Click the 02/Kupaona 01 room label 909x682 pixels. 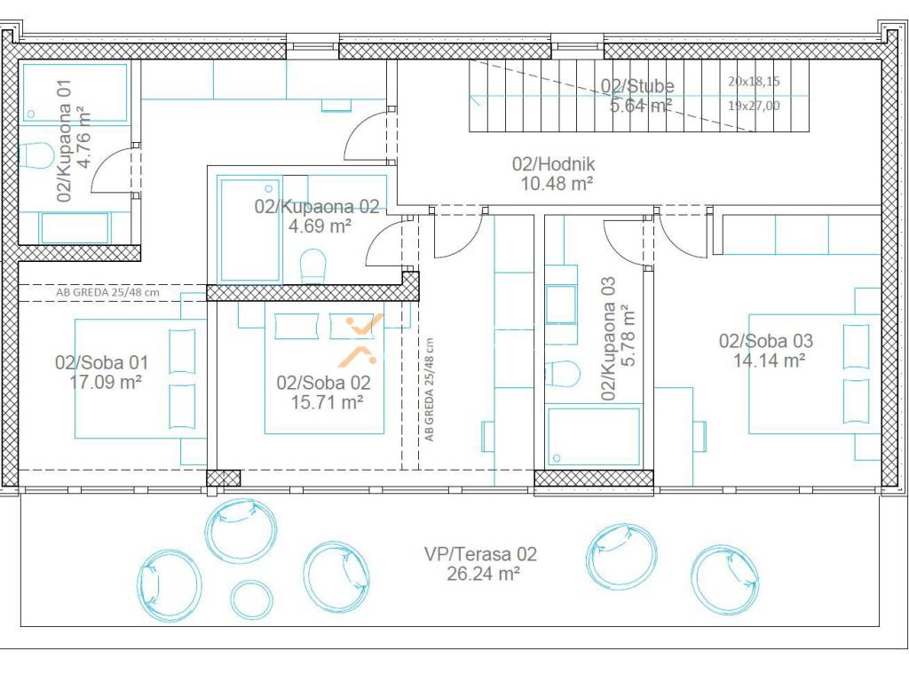[x=64, y=140]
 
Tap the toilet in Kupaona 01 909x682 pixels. [x=36, y=155]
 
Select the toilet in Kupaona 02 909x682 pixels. [x=313, y=266]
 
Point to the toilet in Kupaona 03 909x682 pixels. [x=562, y=374]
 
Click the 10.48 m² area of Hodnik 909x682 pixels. [x=557, y=184]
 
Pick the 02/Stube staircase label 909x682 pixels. [x=637, y=86]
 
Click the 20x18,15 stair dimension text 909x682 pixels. [x=754, y=81]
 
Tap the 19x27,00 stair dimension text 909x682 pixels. [x=754, y=106]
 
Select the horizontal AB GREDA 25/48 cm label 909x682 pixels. [x=107, y=292]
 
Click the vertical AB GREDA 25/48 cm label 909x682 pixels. [x=429, y=390]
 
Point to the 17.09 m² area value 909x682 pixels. [x=106, y=382]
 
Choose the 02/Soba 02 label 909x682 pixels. [x=323, y=383]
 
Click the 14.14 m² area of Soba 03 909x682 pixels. [x=769, y=361]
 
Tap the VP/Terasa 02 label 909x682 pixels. [x=480, y=554]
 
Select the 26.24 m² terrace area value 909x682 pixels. [x=483, y=574]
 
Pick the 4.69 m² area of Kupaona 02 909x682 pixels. [x=320, y=226]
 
